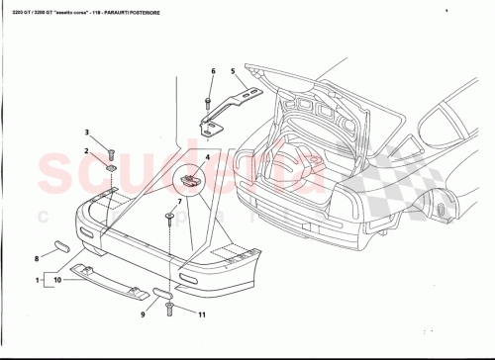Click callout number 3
point(86,132)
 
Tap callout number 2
point(86,150)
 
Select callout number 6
point(212,71)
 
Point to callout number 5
point(232,71)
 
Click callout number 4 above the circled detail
point(207,158)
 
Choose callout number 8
point(37,258)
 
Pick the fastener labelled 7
point(169,216)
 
